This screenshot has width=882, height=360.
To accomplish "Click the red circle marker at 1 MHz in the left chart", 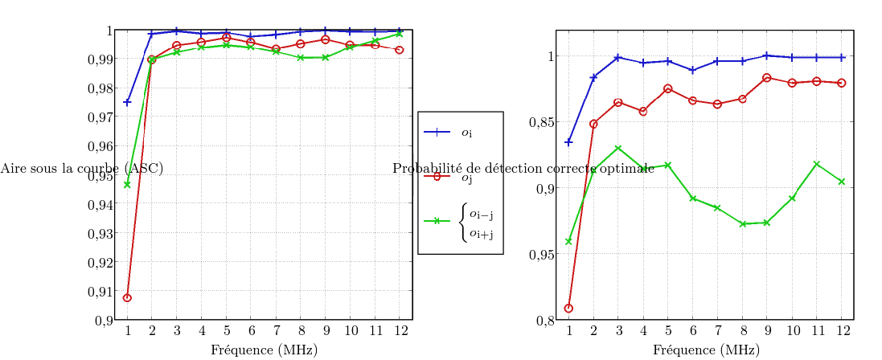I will point(127,298).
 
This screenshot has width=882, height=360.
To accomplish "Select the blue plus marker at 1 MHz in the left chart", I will point(127,102).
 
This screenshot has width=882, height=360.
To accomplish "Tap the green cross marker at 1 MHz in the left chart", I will point(127,185).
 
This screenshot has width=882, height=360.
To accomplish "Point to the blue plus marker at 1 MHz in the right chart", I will point(568,142).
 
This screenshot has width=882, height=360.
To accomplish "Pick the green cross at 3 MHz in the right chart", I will point(617,149).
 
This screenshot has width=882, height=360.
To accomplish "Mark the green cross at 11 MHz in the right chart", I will point(816,164).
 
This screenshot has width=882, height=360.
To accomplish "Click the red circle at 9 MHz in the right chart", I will point(766,78).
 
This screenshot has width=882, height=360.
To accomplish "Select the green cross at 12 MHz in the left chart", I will point(399,34).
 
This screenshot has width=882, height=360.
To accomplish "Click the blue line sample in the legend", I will point(438,133).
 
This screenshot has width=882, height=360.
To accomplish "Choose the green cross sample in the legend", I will point(438,221).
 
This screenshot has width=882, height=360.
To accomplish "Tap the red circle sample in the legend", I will point(438,176).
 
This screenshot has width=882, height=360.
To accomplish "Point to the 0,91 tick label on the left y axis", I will point(101,292).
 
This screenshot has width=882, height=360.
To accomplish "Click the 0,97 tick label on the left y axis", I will point(101,117).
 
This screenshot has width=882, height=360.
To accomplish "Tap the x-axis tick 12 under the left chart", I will point(399,330).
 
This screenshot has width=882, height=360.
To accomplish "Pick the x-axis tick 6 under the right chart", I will point(692,330).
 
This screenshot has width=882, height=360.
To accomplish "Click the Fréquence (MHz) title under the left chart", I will point(263,350).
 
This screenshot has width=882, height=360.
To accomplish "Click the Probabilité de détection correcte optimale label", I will point(523,169).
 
